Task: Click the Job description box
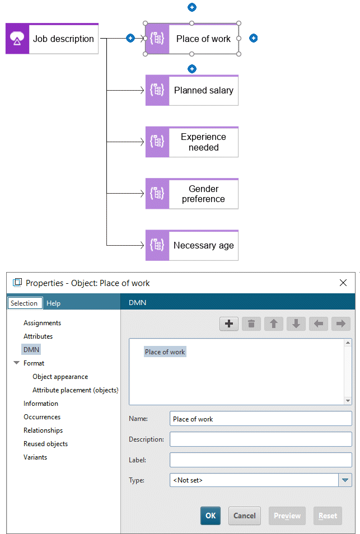pos(52,39)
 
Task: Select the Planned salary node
pos(191,90)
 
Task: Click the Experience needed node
pos(191,142)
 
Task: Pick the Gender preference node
pos(191,194)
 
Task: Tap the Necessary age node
pos(191,245)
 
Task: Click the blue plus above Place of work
pos(192,7)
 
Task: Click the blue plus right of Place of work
pos(254,38)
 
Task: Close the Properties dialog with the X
pos(343,283)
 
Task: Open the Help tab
pos(54,303)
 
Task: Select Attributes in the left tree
pos(38,336)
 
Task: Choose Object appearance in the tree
pos(60,377)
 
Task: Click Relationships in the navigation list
pos(43,430)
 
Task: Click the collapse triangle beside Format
pos(16,363)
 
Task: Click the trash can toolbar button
pos(251,324)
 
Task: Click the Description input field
pos(261,439)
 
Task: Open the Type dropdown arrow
pos(345,480)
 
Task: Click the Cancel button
pos(245,516)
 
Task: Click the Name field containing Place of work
pos(261,419)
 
